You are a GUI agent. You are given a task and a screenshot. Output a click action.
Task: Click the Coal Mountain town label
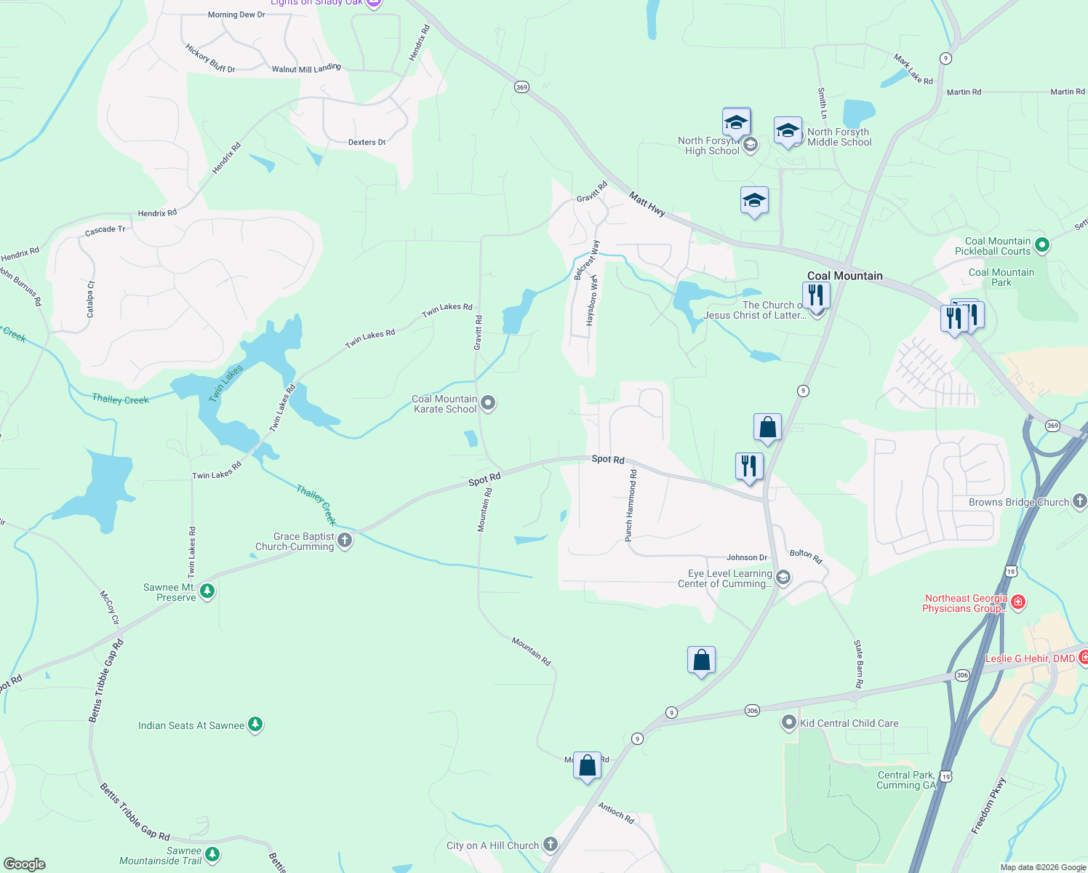pyautogui.click(x=844, y=276)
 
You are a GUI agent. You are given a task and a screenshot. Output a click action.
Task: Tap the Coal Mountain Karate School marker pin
pyautogui.click(x=488, y=402)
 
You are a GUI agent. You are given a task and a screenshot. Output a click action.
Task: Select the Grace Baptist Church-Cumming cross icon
pyautogui.click(x=345, y=540)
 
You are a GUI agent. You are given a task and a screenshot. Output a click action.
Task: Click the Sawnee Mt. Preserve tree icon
pyautogui.click(x=207, y=591)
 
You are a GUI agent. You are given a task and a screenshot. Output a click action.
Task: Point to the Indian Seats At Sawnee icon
pyautogui.click(x=255, y=724)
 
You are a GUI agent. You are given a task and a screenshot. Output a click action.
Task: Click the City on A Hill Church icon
pyautogui.click(x=551, y=844)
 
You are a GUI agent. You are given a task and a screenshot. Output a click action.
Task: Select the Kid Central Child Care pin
pyautogui.click(x=788, y=722)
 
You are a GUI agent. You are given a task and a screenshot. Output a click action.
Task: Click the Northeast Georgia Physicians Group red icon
pyautogui.click(x=1018, y=602)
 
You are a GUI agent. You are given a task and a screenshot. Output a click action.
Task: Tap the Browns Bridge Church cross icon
pyautogui.click(x=1079, y=501)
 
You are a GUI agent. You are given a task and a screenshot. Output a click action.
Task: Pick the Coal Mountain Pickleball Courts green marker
pyautogui.click(x=1041, y=245)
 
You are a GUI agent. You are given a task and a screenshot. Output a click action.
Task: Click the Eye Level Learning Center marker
pyautogui.click(x=783, y=578)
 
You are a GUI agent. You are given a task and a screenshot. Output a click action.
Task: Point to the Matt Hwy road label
pyautogui.click(x=647, y=204)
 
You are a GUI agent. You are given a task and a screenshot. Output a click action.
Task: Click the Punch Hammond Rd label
pyautogui.click(x=631, y=505)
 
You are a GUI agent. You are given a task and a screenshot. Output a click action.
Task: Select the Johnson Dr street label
pyautogui.click(x=747, y=557)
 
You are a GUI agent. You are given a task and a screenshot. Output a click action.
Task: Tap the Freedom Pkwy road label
pyautogui.click(x=989, y=805)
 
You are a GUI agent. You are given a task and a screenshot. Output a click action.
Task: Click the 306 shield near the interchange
pyautogui.click(x=962, y=675)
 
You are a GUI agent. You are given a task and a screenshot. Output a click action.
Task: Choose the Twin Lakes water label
pyautogui.click(x=226, y=384)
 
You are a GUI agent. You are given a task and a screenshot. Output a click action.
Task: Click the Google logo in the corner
pyautogui.click(x=24, y=864)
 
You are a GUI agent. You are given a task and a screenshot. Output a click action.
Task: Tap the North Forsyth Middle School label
pyautogui.click(x=839, y=137)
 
